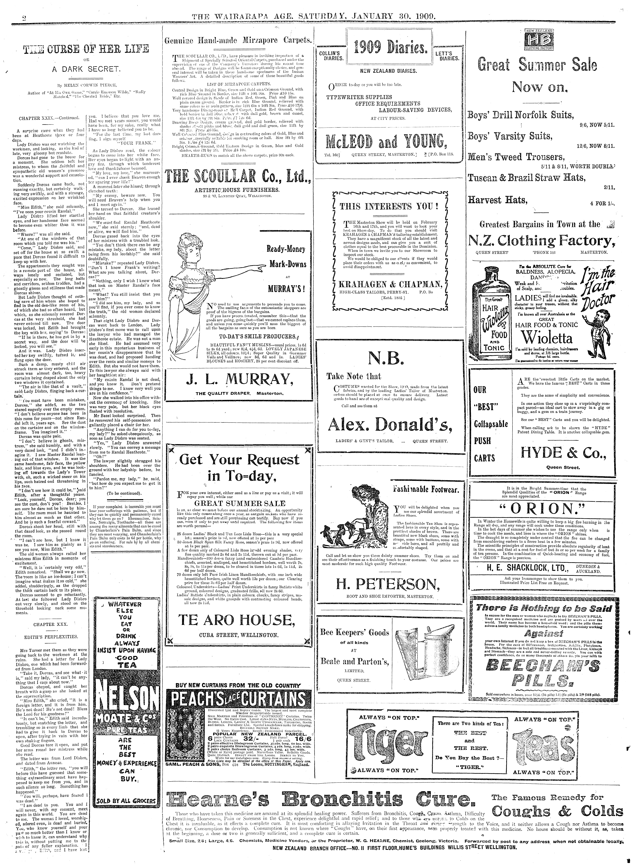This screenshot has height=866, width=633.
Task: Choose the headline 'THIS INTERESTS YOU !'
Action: (389, 206)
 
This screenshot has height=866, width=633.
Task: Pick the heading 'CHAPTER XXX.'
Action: (51, 624)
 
